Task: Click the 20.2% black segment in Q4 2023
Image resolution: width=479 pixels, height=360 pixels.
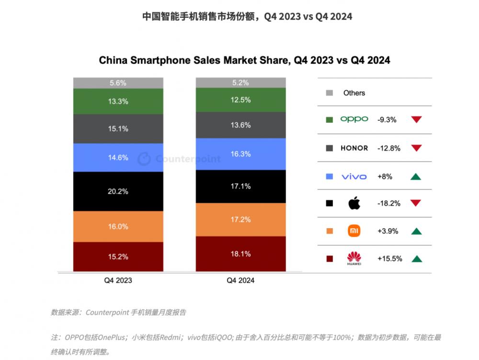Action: [x=118, y=191]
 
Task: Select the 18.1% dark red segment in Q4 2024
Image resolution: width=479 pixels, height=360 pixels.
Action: [x=240, y=254]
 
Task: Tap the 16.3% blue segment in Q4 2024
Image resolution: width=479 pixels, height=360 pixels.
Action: [x=240, y=154]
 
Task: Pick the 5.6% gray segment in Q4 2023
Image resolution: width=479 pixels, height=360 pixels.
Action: [x=118, y=83]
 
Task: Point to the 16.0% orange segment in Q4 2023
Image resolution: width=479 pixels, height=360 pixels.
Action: [x=118, y=226]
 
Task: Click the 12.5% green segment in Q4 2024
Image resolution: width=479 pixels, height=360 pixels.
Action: [x=240, y=99]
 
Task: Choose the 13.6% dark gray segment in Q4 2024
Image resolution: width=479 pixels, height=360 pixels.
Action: [x=240, y=125]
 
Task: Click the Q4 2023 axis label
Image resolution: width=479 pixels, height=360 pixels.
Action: [x=118, y=280]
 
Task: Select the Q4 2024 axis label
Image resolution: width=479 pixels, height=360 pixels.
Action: [x=240, y=280]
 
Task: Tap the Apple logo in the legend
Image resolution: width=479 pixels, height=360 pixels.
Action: [x=354, y=203]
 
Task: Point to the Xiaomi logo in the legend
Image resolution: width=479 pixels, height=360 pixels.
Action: [x=354, y=231]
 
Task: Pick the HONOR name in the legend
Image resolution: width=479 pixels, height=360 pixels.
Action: [x=354, y=148]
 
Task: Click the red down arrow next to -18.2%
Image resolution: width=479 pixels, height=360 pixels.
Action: [x=416, y=203]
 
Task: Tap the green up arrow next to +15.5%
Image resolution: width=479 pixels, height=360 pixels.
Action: [x=416, y=259]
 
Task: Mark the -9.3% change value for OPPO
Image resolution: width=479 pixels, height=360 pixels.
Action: [x=387, y=120]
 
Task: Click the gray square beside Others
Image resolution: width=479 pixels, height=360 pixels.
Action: [x=329, y=93]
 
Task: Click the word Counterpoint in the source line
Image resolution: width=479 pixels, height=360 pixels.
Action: [x=107, y=313]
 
